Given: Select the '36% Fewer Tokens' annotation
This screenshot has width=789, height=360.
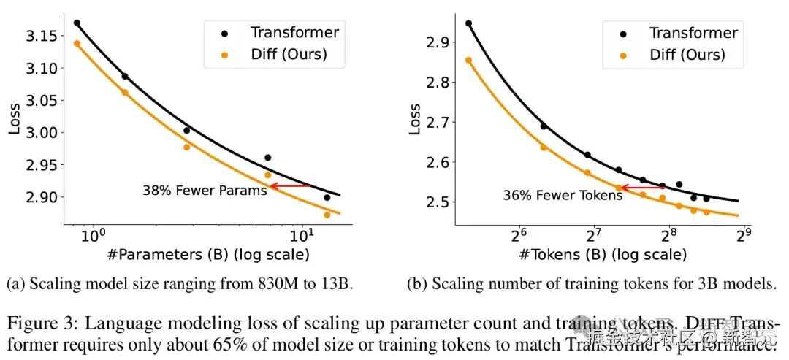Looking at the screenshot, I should tap(552, 195).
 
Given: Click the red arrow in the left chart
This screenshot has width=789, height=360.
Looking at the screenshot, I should tap(290, 186).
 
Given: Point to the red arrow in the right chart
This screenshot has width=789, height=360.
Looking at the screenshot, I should tap(641, 188).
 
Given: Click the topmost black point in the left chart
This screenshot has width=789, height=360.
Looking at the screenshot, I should tap(77, 23).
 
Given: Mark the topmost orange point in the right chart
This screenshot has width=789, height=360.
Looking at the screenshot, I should tap(468, 60).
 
